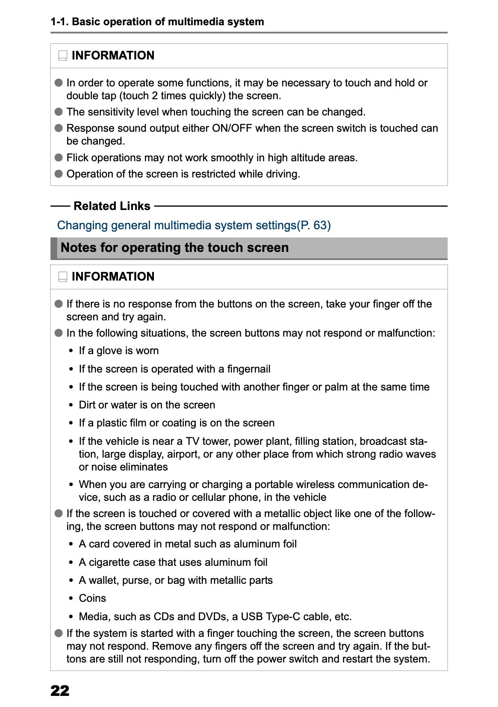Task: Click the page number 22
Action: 59,691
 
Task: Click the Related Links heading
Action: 112,206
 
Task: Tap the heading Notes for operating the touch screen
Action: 174,248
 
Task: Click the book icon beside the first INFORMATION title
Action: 63,56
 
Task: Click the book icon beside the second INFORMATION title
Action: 63,277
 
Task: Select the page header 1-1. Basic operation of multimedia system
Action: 157,22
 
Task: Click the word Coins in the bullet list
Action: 92,598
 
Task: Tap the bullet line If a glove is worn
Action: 118,351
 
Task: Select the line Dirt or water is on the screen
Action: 147,405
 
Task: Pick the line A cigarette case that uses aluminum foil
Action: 173,562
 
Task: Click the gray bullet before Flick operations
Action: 59,158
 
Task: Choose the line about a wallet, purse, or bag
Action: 175,580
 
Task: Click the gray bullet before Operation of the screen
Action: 59,174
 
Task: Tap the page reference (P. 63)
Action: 314,225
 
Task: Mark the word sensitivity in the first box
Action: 110,112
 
